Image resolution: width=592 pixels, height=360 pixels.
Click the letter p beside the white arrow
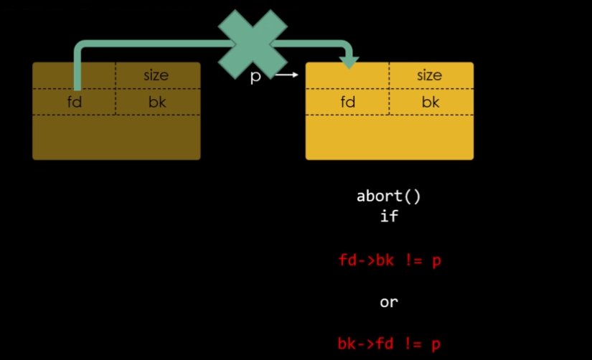pyautogui.click(x=255, y=76)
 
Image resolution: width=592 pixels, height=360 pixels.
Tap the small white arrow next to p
pyautogui.click(x=286, y=75)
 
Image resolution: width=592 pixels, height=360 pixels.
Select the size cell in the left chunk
pyautogui.click(x=156, y=75)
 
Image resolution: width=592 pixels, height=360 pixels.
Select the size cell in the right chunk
pyautogui.click(x=430, y=75)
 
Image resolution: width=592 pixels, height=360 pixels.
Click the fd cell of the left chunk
pyautogui.click(x=75, y=102)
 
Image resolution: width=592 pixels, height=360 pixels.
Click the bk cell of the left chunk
pyautogui.click(x=157, y=102)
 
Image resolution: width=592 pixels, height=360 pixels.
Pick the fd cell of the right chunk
pyautogui.click(x=348, y=102)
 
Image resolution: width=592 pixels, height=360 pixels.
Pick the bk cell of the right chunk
pyautogui.click(x=431, y=102)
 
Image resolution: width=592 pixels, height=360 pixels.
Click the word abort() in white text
pyautogui.click(x=388, y=196)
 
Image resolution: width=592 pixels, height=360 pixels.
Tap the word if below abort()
pyautogui.click(x=388, y=215)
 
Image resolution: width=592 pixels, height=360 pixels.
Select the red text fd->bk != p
pyautogui.click(x=389, y=260)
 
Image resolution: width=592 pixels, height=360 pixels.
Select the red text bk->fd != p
pyautogui.click(x=389, y=344)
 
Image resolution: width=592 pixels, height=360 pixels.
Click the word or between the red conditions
pyautogui.click(x=388, y=302)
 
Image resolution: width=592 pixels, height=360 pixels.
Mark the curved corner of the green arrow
pyautogui.click(x=80, y=49)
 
